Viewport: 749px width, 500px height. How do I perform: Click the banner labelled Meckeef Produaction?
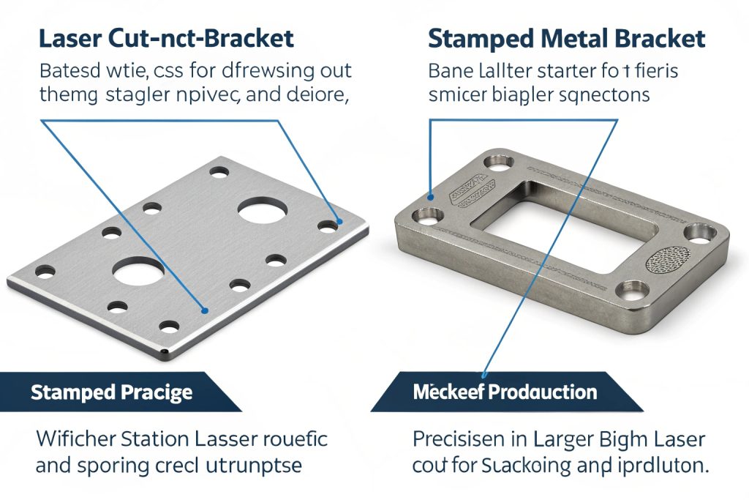pos(505,392)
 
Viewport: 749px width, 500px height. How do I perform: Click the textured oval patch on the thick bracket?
pos(668,259)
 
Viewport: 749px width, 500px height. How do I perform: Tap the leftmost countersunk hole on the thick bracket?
pos(426,217)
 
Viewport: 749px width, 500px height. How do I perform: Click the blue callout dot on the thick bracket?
pos(432,196)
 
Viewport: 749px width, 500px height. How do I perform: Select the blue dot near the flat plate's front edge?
pos(206,310)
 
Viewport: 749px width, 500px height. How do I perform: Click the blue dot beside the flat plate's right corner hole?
pos(338,220)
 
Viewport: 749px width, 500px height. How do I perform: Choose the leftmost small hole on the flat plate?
pos(45,272)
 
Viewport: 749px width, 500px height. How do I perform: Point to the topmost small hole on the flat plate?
pos(218,173)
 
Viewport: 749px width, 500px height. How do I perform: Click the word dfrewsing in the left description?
pos(257,72)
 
